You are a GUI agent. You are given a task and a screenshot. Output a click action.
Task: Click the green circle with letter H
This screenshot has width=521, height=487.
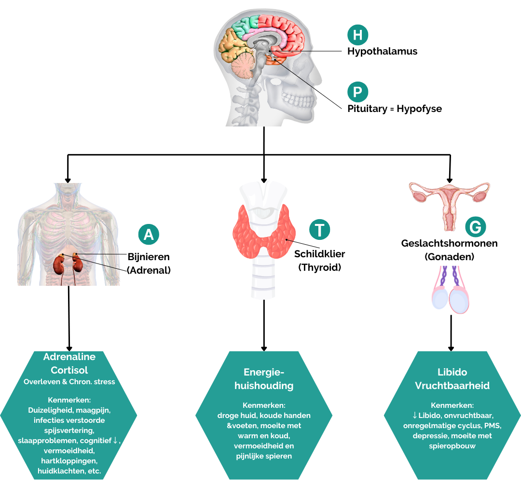pyautogui.click(x=358, y=35)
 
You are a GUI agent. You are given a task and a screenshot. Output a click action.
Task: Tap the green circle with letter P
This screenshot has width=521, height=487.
pyautogui.click(x=358, y=92)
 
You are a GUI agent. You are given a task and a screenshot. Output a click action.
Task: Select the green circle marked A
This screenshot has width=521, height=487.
pyautogui.click(x=149, y=235)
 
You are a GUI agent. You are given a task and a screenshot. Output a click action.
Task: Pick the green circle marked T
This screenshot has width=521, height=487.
pyautogui.click(x=320, y=229)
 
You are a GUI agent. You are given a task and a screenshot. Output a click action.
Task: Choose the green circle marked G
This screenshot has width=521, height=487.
pyautogui.click(x=476, y=226)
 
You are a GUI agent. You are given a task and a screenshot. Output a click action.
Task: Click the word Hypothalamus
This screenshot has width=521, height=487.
pyautogui.click(x=383, y=51)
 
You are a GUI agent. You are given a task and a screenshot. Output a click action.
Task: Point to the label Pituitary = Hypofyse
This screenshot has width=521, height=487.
pyautogui.click(x=395, y=109)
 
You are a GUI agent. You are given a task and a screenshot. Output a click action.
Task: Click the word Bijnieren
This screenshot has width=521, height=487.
pyautogui.click(x=149, y=257)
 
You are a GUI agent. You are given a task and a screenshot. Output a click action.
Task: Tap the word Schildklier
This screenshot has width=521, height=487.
pyautogui.click(x=320, y=254)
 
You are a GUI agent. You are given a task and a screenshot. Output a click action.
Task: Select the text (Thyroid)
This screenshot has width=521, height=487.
pyautogui.click(x=320, y=267)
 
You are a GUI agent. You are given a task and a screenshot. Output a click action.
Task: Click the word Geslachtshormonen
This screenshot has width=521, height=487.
pyautogui.click(x=449, y=243)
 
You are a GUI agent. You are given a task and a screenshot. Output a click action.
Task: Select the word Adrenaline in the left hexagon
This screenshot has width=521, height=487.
pyautogui.click(x=69, y=357)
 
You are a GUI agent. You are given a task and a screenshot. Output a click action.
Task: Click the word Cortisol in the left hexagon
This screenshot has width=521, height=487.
pyautogui.click(x=69, y=370)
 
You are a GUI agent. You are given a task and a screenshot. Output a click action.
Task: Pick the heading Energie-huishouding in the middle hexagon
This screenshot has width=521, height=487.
pyautogui.click(x=263, y=379)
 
